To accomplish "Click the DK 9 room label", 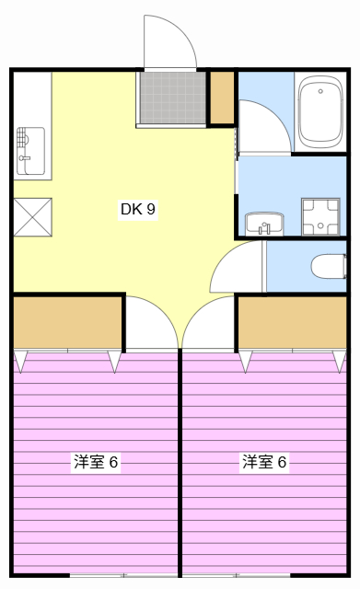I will (138, 209).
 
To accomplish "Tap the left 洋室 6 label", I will (96, 462).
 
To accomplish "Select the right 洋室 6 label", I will (264, 462).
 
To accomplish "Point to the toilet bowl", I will (326, 267).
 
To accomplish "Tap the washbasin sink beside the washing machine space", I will (265, 223).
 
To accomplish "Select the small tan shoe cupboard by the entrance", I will (222, 98).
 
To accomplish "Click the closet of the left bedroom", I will (68, 321).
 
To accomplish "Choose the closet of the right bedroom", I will (293, 321).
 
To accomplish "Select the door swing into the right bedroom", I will (210, 324).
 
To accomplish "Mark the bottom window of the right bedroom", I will (264, 575).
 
